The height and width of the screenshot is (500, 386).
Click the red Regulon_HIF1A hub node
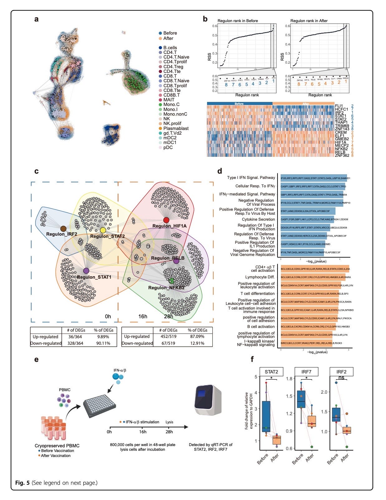coord(166,220)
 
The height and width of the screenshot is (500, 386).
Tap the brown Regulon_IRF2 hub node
coord(63,229)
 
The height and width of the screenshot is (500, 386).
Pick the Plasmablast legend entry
coord(176,128)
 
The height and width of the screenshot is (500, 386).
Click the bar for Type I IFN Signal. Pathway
coord(314,178)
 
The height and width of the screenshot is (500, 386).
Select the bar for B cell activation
coord(308,327)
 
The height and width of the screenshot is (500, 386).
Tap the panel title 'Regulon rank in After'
coord(309,21)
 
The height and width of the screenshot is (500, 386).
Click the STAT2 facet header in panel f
coord(271,372)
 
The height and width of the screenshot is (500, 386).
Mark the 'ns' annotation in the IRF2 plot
coord(341,378)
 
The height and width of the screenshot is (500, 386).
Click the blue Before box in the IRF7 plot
coord(301,399)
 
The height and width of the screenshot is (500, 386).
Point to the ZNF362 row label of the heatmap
coord(342,155)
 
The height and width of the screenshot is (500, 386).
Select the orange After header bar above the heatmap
coord(306,103)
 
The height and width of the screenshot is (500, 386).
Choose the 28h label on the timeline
coord(169,432)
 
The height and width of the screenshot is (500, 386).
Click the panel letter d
coord(220,171)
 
